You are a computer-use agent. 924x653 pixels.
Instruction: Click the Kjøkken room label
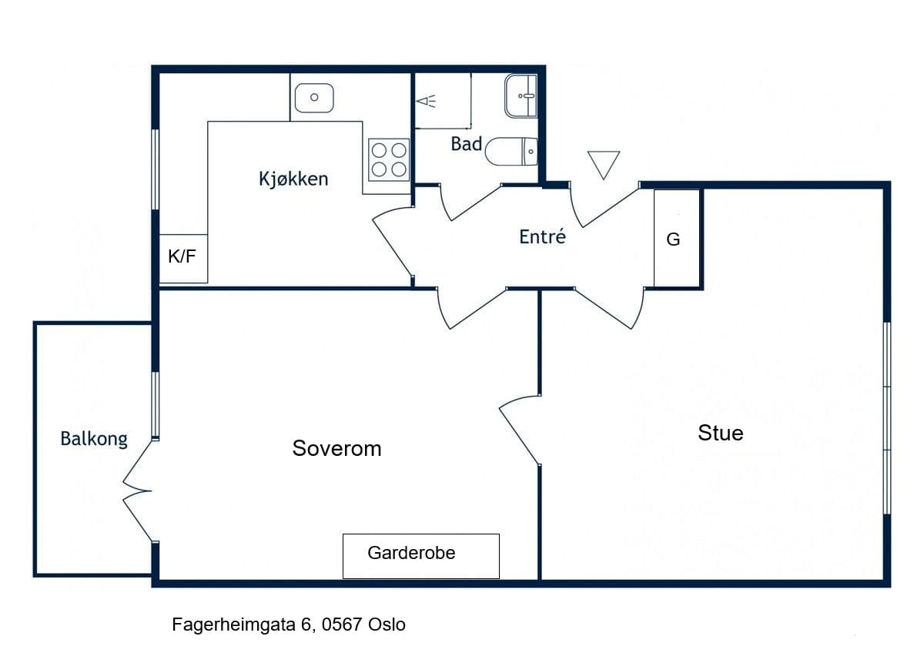[x=293, y=179]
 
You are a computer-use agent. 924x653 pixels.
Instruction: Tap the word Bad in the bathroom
[x=466, y=144]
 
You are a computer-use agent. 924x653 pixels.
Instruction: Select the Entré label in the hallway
[x=542, y=236]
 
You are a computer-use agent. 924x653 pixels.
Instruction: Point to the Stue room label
[x=720, y=433]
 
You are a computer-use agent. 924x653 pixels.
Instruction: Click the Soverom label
[x=336, y=448]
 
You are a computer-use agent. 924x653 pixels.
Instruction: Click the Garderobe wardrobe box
[x=421, y=556]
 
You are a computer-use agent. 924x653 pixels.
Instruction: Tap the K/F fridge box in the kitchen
[x=183, y=259]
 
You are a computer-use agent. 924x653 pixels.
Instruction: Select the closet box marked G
[x=677, y=239]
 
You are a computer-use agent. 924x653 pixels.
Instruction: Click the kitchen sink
[x=314, y=98]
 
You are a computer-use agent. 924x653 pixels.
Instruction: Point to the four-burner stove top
[x=389, y=159]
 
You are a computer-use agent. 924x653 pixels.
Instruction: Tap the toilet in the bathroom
[x=511, y=152]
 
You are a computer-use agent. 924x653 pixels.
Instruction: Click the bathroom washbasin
[x=521, y=95]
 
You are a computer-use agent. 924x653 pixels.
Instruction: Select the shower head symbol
[x=426, y=101]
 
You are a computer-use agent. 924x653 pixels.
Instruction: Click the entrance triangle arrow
[x=604, y=165]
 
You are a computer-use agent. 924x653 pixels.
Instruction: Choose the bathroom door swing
[x=470, y=202]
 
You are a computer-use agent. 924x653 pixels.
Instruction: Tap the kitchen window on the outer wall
[x=156, y=169]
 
